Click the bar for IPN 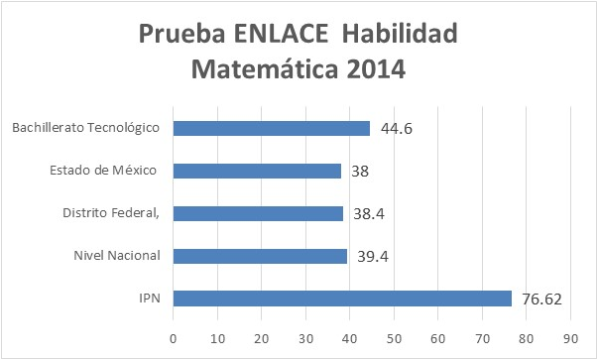pyautogui.click(x=342, y=299)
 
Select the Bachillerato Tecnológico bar pyautogui.click(x=272, y=128)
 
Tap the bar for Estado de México pyautogui.click(x=257, y=171)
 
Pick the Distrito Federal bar pyautogui.click(x=258, y=213)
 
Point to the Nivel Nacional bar pyautogui.click(x=260, y=256)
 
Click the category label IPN pyautogui.click(x=152, y=299)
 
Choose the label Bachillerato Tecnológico pyautogui.click(x=87, y=128)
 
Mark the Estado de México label pyautogui.click(x=105, y=171)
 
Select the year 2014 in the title pyautogui.click(x=374, y=70)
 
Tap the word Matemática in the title pyautogui.click(x=258, y=70)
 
